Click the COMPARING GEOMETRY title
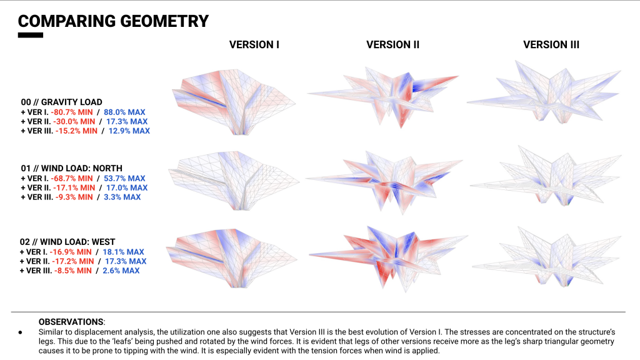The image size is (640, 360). pos(113,21)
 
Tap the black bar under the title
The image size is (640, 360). pos(30,35)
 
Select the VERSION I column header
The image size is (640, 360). pos(254,44)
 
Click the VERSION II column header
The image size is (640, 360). pos(392,44)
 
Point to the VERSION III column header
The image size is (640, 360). pos(551,44)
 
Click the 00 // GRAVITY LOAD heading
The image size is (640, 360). pos(61,102)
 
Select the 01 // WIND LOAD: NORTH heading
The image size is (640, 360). pos(71,168)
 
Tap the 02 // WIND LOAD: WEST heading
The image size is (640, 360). pos(68,242)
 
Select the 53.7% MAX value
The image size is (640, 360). pos(127,178)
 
